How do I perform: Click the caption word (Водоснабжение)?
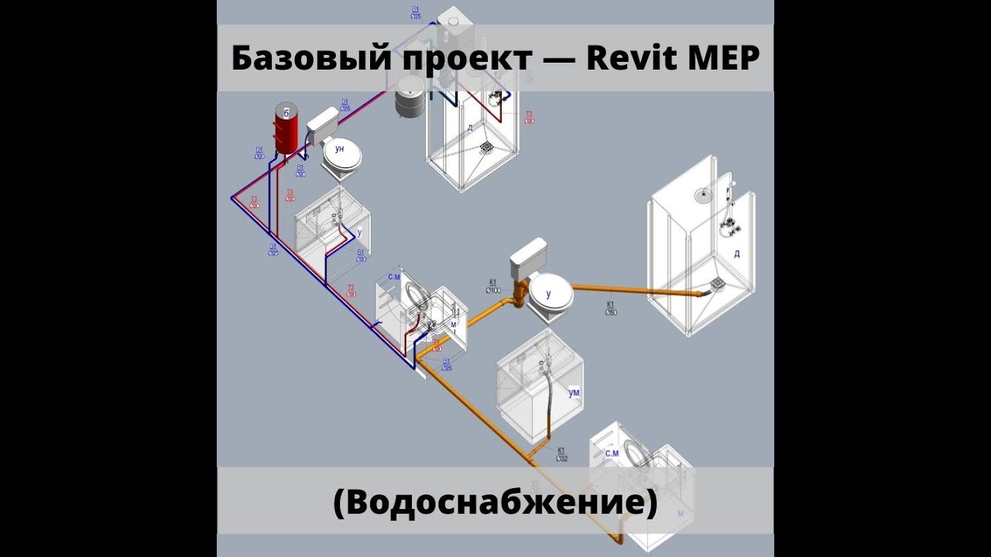pyautogui.click(x=495, y=503)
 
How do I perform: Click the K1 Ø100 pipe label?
pyautogui.click(x=493, y=286)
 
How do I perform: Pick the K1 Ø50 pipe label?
pyautogui.click(x=610, y=308)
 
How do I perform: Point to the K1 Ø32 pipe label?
pyautogui.click(x=562, y=453)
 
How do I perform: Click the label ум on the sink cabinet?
pyautogui.click(x=574, y=393)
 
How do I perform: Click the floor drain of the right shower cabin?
pyautogui.click(x=716, y=286)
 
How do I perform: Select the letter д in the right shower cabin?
pyautogui.click(x=736, y=253)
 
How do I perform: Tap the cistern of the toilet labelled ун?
pyautogui.click(x=323, y=121)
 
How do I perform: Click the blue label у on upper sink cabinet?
pyautogui.click(x=359, y=231)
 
